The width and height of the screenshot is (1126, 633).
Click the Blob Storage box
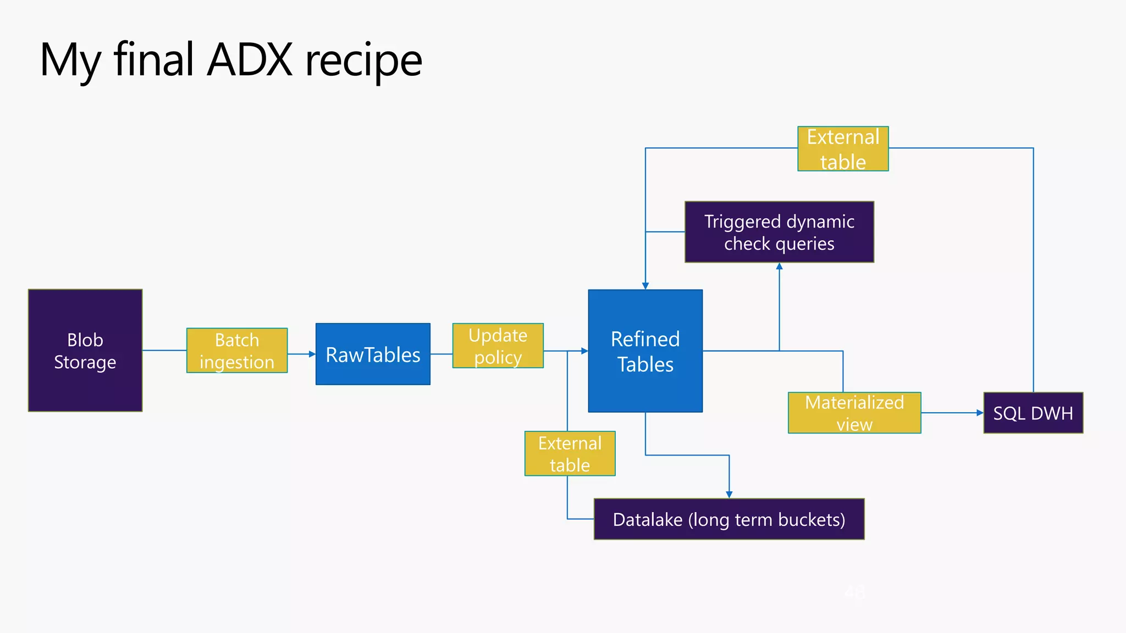click(85, 351)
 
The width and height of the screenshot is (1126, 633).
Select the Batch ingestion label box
click(237, 351)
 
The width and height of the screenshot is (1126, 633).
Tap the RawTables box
click(373, 354)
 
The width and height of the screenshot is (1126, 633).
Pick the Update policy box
click(498, 346)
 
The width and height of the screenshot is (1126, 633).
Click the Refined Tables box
click(645, 351)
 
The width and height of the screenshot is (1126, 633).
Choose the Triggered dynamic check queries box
click(779, 232)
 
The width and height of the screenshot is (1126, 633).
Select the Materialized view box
click(854, 413)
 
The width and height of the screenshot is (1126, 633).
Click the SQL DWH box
click(1033, 413)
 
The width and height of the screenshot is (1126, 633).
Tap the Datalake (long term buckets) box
click(729, 519)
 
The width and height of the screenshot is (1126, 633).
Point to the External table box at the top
click(843, 149)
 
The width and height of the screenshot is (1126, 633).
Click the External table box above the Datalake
click(570, 453)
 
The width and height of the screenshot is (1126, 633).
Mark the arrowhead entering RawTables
click(312, 354)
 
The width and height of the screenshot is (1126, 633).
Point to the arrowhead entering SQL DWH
click(980, 413)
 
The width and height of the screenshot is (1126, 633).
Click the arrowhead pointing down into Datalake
click(729, 495)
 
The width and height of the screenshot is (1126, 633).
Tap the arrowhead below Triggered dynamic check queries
click(779, 266)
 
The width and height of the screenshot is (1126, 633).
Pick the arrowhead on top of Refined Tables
click(645, 286)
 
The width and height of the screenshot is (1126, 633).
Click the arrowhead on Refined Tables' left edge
click(584, 351)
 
